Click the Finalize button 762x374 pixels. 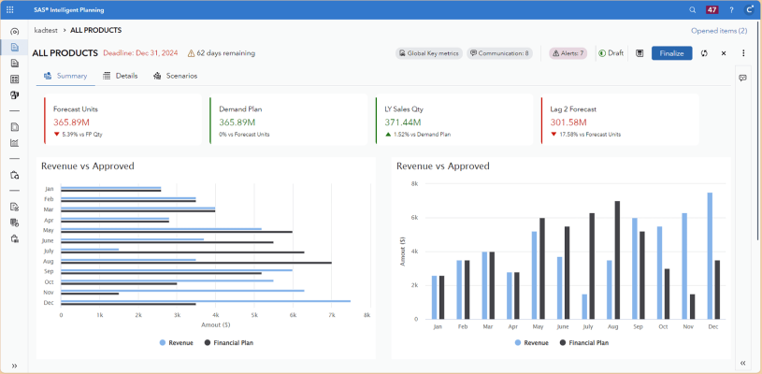point(671,53)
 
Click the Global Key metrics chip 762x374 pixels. point(428,53)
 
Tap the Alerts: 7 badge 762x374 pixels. point(568,53)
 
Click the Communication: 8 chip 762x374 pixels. point(499,53)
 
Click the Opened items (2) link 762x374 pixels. point(718,31)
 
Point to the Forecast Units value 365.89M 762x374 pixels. point(71,122)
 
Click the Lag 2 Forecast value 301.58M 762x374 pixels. point(568,122)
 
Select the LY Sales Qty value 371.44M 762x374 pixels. point(403,122)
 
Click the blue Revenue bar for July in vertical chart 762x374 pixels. point(584,307)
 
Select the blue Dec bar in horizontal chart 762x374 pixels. point(206,301)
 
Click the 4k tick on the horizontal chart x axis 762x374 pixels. point(215,315)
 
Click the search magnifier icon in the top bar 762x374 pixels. point(692,9)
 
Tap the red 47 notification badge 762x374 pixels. point(712,9)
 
